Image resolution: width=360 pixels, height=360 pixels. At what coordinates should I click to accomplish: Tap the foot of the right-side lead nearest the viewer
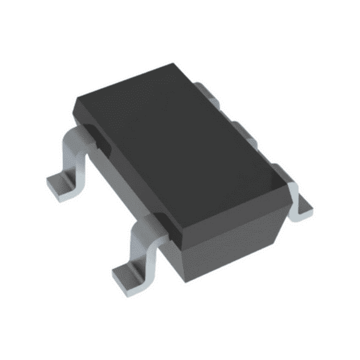(x=301, y=203)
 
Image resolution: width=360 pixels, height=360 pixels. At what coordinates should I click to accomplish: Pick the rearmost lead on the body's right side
(x=203, y=90)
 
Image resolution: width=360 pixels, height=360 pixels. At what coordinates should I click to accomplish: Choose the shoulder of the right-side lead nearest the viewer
(x=290, y=187)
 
